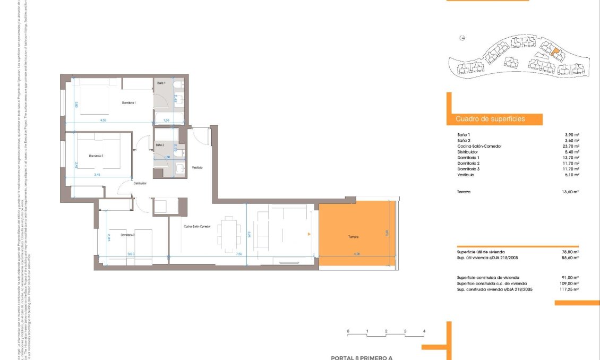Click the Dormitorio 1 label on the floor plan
(129, 102)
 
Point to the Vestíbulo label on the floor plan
(197, 167)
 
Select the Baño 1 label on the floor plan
(161, 83)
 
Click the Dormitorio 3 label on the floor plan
(127, 235)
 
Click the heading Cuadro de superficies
(490, 119)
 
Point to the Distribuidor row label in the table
(468, 152)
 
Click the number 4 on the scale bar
(424, 331)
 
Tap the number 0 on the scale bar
(348, 331)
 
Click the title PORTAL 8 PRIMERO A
(361, 357)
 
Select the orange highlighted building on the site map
(555, 52)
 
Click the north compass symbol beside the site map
(462, 38)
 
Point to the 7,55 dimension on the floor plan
(239, 254)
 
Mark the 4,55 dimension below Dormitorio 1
(102, 121)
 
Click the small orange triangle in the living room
(308, 234)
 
